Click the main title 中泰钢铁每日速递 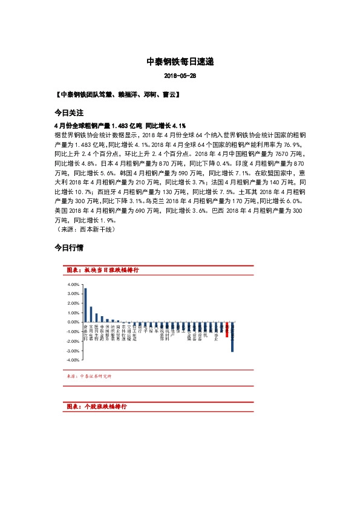(180, 62)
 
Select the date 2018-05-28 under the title (180, 77)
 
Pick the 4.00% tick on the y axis (73, 284)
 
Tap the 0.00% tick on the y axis (73, 322)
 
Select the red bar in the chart (227, 329)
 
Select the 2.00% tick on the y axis (73, 303)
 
